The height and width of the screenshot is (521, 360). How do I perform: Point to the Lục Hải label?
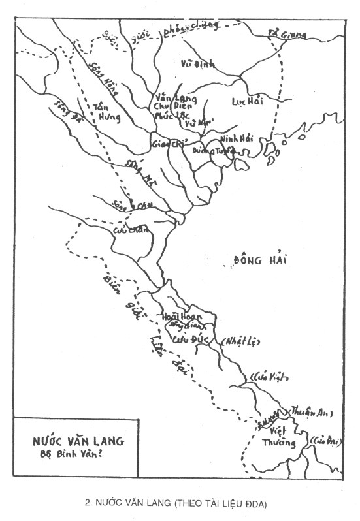[247, 101]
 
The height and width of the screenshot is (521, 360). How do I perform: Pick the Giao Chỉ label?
[166, 142]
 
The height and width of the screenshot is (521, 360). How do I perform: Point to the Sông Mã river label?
[135, 170]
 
